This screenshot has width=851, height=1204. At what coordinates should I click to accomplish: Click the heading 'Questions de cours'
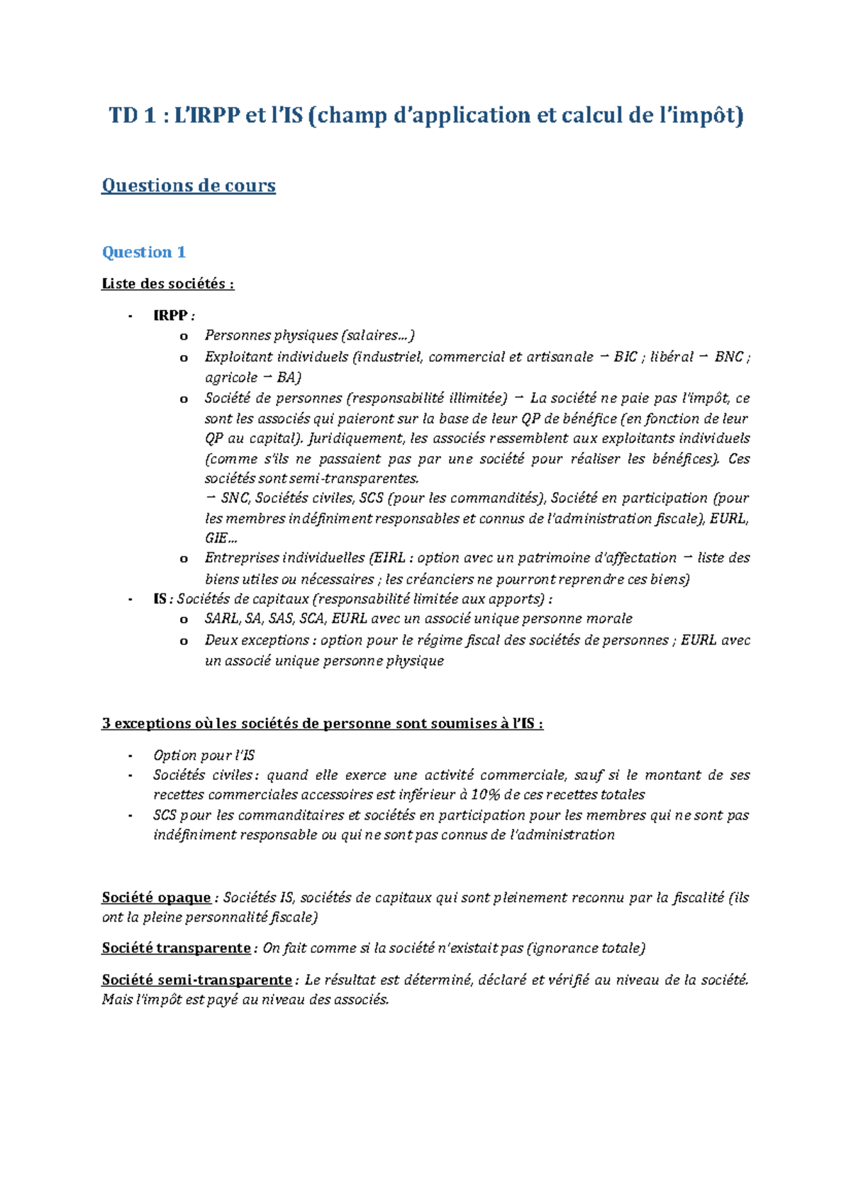click(188, 186)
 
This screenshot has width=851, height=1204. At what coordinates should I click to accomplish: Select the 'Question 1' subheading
click(144, 252)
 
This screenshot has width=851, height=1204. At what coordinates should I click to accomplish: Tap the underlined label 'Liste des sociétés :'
click(167, 284)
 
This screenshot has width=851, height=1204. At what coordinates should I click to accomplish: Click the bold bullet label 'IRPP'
click(170, 316)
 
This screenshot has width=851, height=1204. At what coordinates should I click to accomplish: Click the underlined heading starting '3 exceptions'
click(323, 724)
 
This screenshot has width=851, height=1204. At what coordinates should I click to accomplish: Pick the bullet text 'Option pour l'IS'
click(204, 756)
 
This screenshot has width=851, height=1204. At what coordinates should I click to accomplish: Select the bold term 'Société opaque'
click(156, 898)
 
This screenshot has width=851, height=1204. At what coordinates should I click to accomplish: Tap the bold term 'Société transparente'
click(176, 949)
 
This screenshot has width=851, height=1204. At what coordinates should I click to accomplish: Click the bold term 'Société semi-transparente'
click(196, 980)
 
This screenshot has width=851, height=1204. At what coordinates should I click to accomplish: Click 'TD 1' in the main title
click(132, 116)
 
